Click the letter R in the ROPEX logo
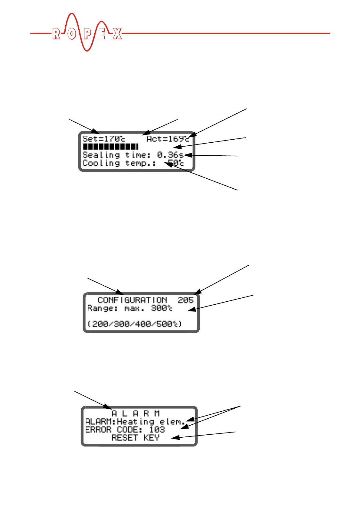(56, 34)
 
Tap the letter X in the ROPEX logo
(117, 34)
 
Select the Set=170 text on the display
(104, 139)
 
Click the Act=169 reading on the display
(168, 139)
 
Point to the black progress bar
(110, 147)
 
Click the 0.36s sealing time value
(170, 155)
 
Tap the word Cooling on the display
(101, 164)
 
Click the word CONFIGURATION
(132, 300)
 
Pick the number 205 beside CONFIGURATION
(185, 300)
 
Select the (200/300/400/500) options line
(135, 324)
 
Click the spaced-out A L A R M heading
(135, 413)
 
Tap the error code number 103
(157, 430)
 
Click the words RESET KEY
(135, 438)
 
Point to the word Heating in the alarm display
(136, 422)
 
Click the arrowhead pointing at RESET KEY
(174, 437)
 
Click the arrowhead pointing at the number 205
(197, 292)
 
